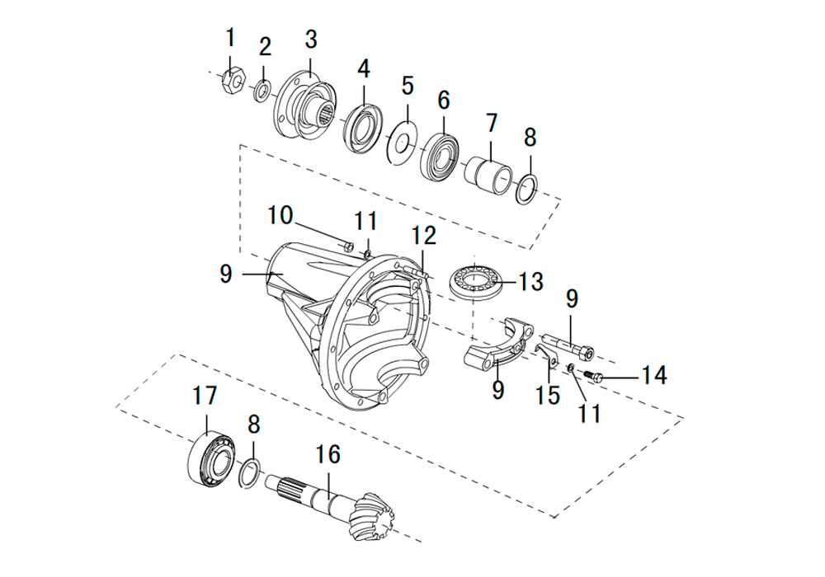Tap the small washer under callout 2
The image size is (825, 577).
tap(262, 91)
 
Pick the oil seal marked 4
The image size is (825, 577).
tap(362, 129)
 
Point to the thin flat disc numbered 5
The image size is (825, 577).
tap(403, 141)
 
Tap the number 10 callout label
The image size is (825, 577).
tap(280, 215)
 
